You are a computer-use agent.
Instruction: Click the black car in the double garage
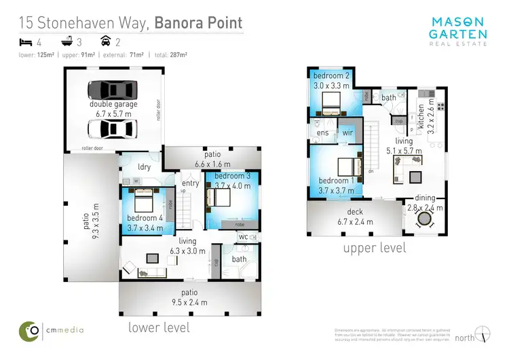click(x=113, y=90)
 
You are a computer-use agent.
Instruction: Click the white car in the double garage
click(x=113, y=128)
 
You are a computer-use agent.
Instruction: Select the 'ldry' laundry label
click(x=143, y=166)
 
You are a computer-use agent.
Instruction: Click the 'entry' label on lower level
click(x=191, y=183)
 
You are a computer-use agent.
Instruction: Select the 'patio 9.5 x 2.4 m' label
click(x=184, y=298)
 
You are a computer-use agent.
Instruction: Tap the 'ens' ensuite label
click(x=322, y=132)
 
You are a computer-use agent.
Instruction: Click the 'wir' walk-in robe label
click(x=346, y=132)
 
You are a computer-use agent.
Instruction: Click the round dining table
click(x=426, y=219)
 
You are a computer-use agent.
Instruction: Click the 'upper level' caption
click(x=374, y=248)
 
